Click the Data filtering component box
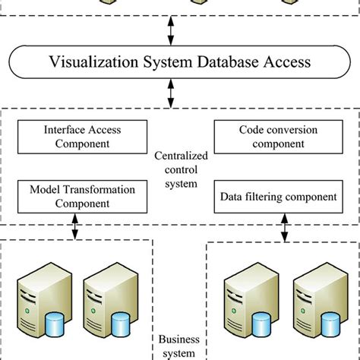tap(278, 197)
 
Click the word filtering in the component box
tap(266, 197)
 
